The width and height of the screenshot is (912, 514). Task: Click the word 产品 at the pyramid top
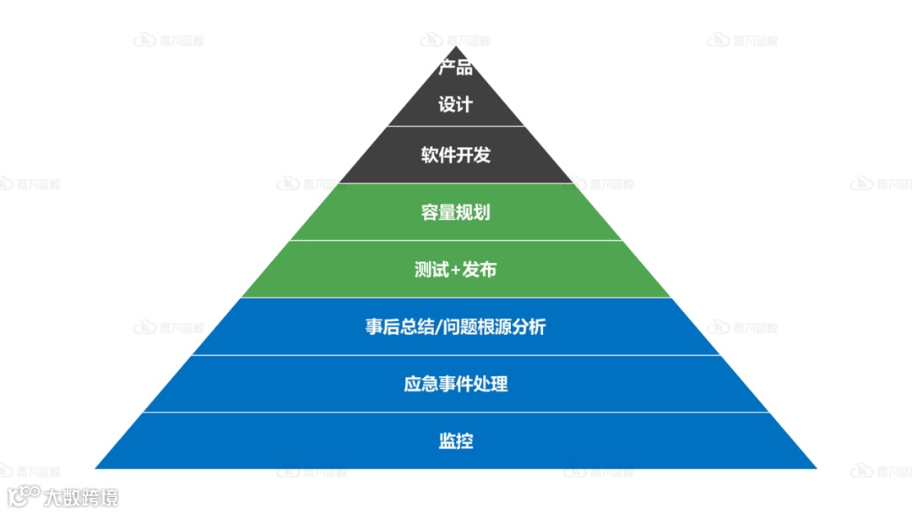click(x=455, y=68)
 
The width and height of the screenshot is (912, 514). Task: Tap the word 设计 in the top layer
click(x=455, y=105)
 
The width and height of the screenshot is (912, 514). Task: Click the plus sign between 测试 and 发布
click(x=456, y=271)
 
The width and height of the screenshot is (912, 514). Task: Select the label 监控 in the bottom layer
click(x=455, y=440)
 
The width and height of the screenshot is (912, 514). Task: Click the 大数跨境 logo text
click(x=81, y=497)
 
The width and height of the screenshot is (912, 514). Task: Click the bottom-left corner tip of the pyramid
click(x=96, y=468)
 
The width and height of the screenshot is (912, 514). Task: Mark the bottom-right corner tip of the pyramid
click(x=816, y=468)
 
